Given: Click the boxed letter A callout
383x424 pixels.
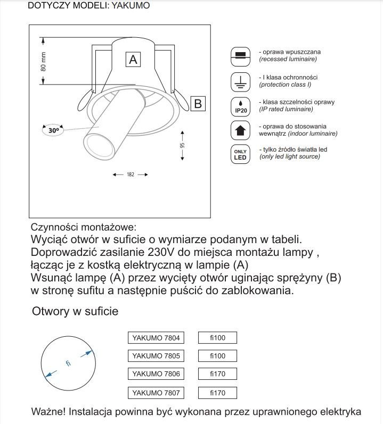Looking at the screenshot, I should [133, 60].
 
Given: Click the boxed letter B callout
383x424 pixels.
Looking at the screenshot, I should [197, 103].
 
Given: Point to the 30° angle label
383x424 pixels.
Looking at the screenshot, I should [53, 129].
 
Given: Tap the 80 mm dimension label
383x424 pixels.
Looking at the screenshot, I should [44, 61].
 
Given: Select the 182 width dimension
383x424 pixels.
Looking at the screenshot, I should [130, 174].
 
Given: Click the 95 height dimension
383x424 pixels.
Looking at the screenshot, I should [182, 145].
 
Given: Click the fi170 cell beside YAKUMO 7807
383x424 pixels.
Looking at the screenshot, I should [217, 393].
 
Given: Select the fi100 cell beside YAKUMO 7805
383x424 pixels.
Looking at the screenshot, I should [217, 355].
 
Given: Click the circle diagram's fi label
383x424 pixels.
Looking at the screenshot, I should [68, 363].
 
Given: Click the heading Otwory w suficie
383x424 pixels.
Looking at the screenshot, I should [75, 311].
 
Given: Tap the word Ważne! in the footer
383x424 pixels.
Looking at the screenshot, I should [50, 412].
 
